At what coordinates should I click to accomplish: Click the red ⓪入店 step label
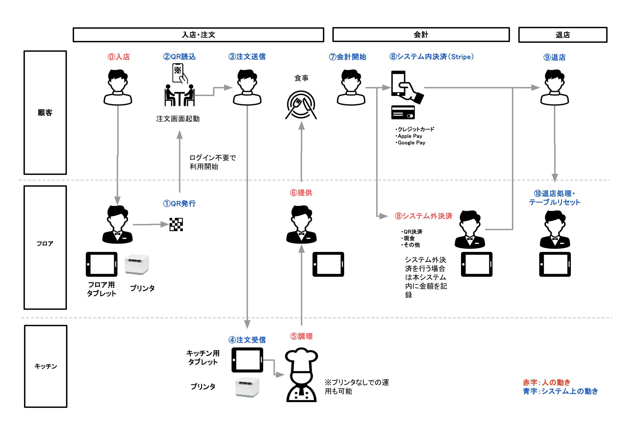coord(119,57)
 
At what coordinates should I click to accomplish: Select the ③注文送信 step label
coord(247,57)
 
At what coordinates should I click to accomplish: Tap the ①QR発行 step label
coord(179,204)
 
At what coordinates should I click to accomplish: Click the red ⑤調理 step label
coord(301,336)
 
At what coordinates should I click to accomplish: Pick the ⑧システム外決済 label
coord(423,216)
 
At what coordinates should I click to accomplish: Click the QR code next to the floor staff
coord(176,225)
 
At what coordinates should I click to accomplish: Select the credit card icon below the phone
coord(403,112)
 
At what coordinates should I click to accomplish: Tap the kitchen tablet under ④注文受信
coord(247,360)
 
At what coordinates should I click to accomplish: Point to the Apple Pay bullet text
coord(409,136)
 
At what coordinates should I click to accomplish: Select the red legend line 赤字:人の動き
coord(547,382)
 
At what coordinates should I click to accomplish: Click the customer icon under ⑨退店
coord(554,87)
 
